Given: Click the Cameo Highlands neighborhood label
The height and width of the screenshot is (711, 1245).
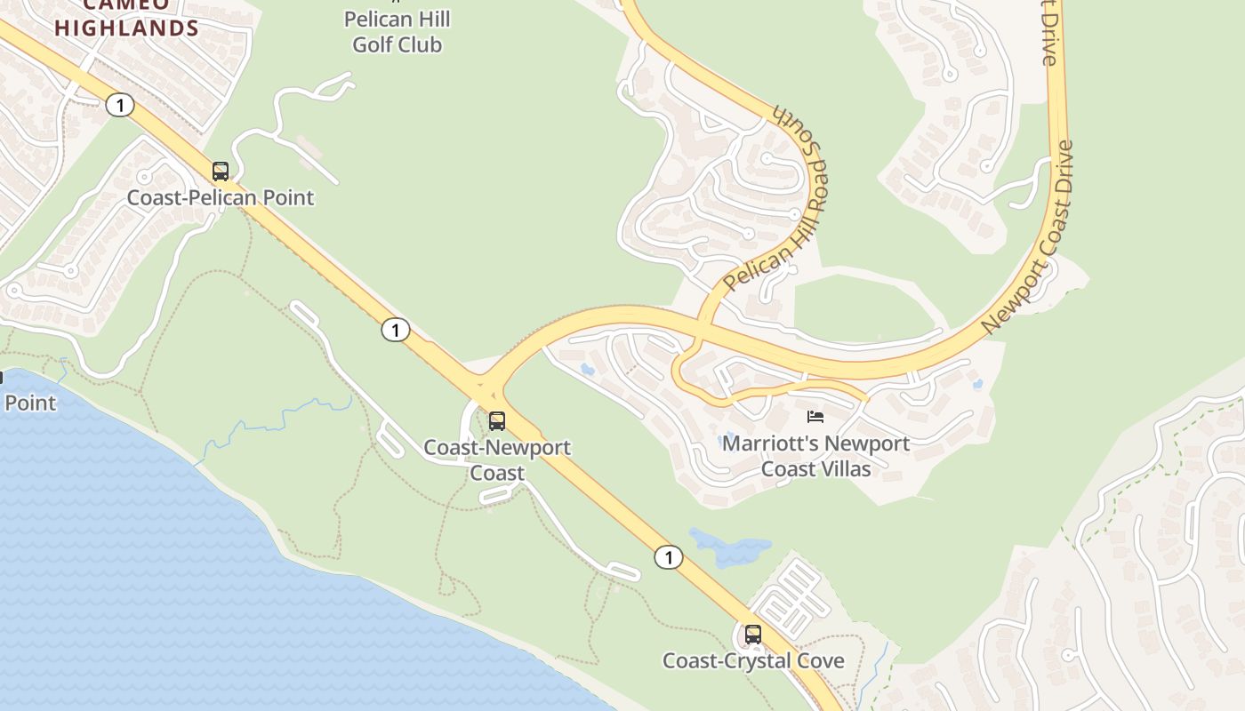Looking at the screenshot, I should (x=126, y=18).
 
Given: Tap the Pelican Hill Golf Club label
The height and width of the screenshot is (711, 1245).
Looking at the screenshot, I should (x=397, y=32).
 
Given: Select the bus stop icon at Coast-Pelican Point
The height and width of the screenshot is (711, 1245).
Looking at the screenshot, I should (x=221, y=172).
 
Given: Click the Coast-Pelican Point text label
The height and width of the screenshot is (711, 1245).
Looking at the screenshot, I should (x=221, y=197).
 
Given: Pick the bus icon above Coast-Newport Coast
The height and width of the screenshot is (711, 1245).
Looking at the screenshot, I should (x=497, y=421).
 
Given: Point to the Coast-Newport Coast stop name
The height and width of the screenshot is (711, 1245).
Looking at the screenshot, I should (x=497, y=459).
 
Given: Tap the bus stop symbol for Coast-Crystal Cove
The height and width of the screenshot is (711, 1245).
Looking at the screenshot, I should (x=753, y=635).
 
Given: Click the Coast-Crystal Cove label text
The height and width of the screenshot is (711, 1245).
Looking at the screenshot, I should (x=753, y=661).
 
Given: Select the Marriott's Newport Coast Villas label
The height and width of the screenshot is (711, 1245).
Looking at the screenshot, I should (x=815, y=455).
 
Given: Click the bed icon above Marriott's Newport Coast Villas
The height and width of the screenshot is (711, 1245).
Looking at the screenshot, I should (x=815, y=416).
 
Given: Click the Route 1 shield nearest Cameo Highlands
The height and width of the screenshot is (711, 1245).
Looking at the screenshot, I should (x=119, y=106).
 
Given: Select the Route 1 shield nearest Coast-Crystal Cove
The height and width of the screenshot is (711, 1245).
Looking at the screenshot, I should (x=668, y=557).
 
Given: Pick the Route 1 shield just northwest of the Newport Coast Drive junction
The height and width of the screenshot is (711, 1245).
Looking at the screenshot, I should (x=395, y=331).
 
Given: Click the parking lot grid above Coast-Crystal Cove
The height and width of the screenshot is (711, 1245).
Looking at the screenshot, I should (x=791, y=594).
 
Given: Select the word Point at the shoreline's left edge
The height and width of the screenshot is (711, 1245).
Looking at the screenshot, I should (x=29, y=403).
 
